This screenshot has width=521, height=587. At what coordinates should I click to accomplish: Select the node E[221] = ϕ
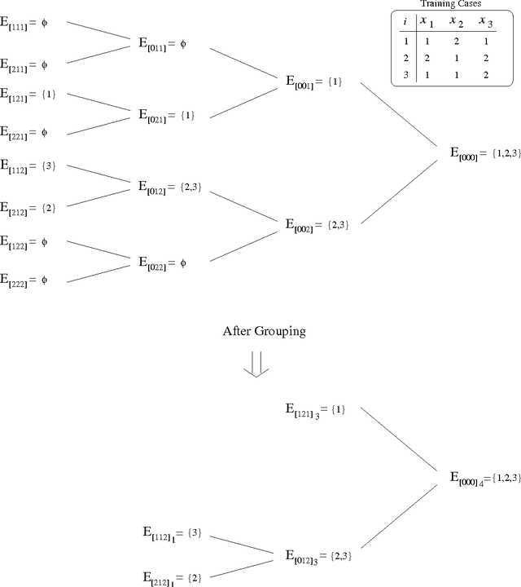[25, 130]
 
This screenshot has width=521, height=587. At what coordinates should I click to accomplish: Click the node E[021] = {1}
[166, 115]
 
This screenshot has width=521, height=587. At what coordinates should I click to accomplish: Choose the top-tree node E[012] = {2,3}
[169, 188]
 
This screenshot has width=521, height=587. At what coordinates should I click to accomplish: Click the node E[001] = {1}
[314, 82]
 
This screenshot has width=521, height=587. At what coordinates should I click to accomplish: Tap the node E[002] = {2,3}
[317, 223]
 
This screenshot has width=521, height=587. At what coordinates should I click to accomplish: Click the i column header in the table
[405, 22]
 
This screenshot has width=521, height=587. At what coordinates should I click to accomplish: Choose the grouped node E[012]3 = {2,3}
[318, 557]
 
